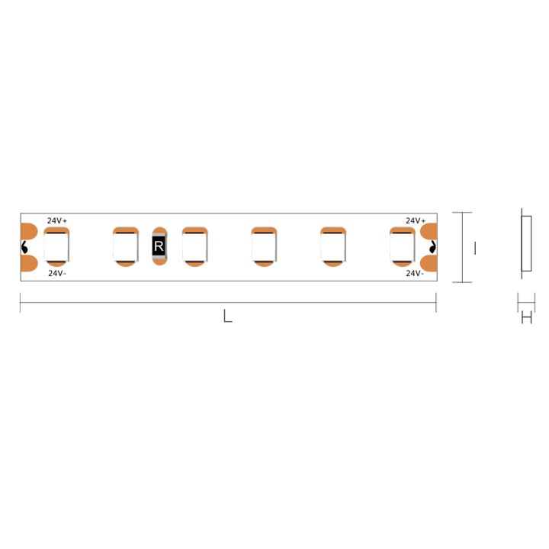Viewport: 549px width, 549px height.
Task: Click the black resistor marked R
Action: (x=159, y=246)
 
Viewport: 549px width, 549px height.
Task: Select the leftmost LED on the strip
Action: (x=56, y=246)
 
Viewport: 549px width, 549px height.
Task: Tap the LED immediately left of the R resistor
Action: (x=125, y=246)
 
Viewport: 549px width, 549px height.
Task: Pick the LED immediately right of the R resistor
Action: (x=194, y=246)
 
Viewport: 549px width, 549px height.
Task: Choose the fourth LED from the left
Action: (x=264, y=246)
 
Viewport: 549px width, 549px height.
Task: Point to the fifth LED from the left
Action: (x=333, y=246)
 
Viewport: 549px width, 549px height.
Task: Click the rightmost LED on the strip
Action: (x=402, y=246)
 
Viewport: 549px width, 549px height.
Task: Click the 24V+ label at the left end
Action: (x=57, y=220)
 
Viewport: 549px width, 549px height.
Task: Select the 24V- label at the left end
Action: (x=57, y=273)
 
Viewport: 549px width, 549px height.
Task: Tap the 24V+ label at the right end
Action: (x=416, y=220)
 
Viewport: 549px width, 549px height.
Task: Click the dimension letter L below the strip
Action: (x=227, y=316)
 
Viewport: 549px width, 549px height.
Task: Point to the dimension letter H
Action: (x=526, y=319)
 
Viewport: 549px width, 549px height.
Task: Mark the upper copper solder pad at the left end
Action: (x=29, y=231)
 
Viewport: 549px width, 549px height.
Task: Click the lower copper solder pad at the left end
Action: (x=29, y=264)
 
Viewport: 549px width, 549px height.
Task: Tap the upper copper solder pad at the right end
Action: (x=429, y=231)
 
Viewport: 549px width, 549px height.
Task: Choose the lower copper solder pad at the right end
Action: (x=429, y=264)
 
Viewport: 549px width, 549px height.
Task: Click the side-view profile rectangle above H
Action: (x=525, y=243)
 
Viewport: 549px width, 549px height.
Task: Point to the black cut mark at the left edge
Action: (x=24, y=247)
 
